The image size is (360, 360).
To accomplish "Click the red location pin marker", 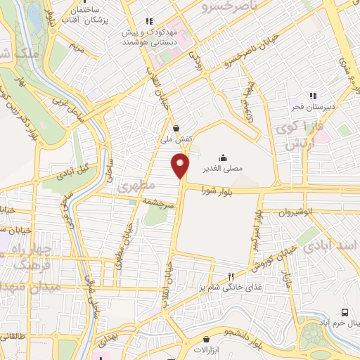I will tap(181, 165).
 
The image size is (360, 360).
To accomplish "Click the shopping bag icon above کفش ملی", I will tap(176, 128).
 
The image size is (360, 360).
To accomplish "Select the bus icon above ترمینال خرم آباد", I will tap(345, 311).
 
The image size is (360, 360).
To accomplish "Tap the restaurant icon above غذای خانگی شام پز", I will tap(231, 276).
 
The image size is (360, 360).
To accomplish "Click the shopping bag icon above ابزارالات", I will tap(185, 346).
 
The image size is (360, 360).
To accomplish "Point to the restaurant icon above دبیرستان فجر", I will tap(314, 96).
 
